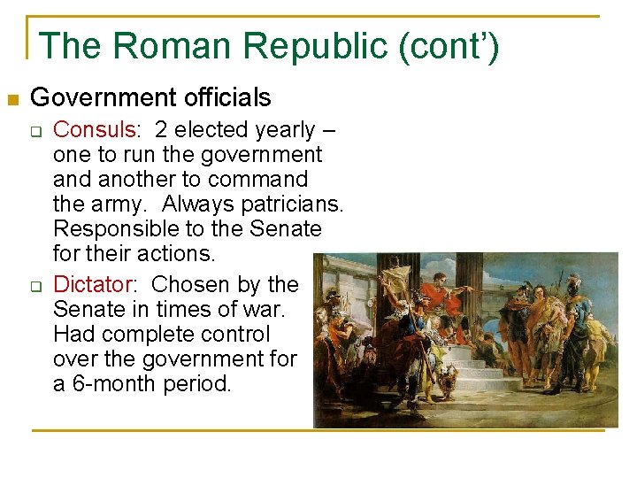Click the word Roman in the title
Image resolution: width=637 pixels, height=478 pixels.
pyautogui.click(x=164, y=46)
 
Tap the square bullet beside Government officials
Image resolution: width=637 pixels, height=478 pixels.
pyautogui.click(x=12, y=97)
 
